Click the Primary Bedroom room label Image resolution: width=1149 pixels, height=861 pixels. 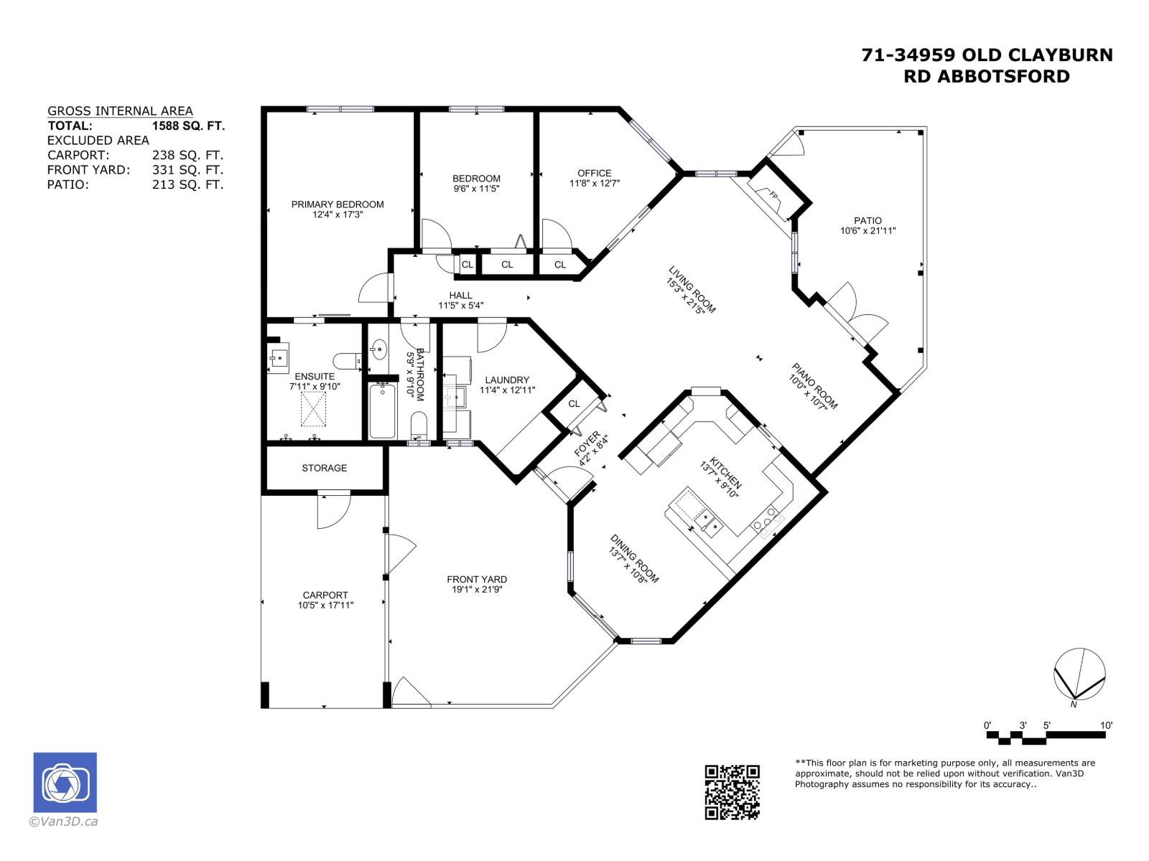(338, 204)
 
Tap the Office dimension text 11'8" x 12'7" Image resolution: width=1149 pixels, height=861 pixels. (594, 183)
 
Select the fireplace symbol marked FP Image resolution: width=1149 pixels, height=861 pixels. (773, 196)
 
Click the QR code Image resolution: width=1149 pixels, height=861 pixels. (732, 792)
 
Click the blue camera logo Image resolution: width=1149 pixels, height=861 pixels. (65, 782)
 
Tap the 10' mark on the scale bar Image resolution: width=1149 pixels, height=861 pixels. (1106, 725)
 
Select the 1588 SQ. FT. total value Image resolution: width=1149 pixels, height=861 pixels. (188, 126)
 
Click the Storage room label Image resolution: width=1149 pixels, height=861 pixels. (324, 468)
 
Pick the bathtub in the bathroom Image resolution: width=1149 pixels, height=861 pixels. (382, 410)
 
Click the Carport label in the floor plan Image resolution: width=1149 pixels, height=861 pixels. (325, 595)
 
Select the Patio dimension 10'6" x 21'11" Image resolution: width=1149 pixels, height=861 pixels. (867, 231)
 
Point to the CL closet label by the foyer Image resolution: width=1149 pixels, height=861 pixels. (574, 404)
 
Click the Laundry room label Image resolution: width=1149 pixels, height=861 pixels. (507, 380)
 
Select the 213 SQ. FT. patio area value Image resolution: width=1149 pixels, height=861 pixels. (188, 185)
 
